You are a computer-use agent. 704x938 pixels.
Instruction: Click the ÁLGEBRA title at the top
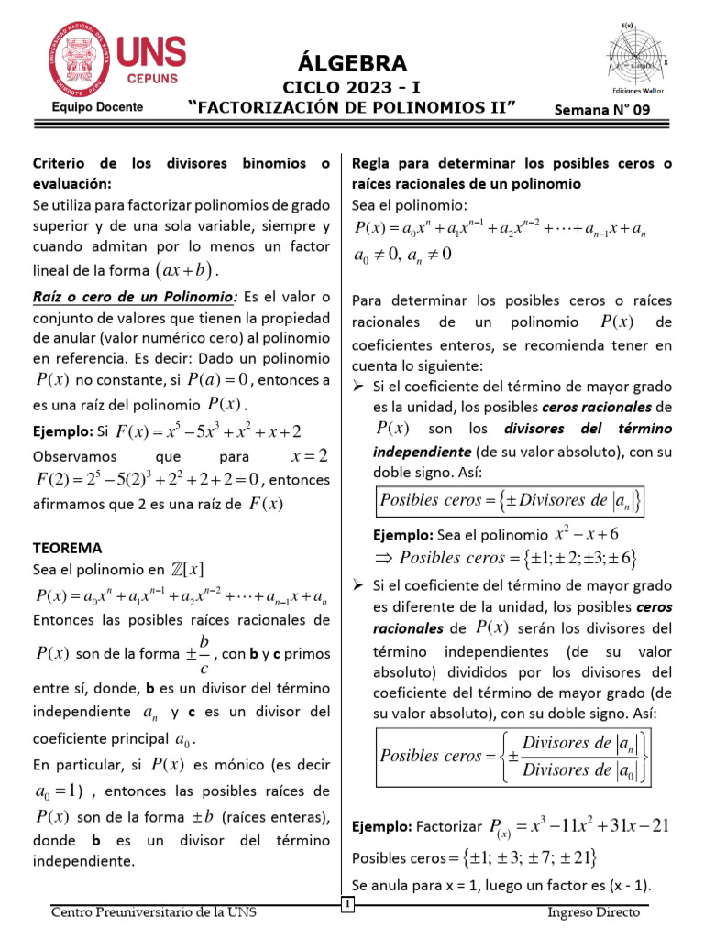coord(352,62)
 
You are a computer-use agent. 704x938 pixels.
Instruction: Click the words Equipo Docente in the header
coord(97,107)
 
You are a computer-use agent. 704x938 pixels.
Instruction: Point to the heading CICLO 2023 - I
coord(352,88)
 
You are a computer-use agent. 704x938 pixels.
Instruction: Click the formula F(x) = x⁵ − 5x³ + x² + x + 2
coord(211,431)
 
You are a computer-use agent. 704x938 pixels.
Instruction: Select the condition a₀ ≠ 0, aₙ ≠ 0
coord(402,255)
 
